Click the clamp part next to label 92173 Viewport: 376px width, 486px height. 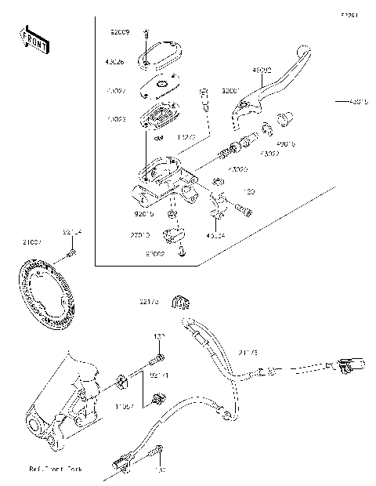tap(186, 303)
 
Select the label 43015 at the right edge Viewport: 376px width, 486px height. tap(358, 101)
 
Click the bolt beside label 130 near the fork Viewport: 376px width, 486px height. tap(157, 360)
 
